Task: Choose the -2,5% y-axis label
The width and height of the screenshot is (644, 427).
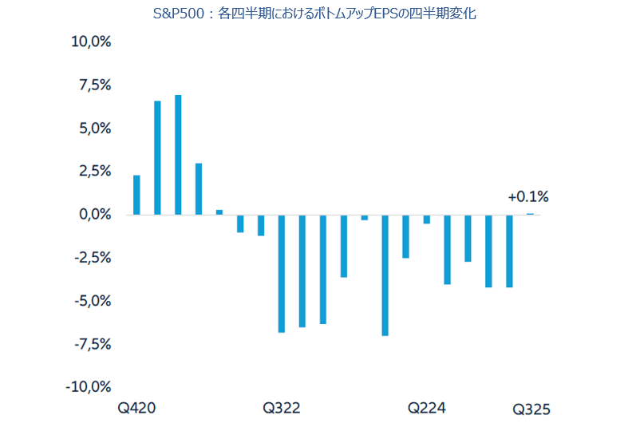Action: point(91,258)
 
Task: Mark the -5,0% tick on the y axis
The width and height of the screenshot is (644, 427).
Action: point(91,301)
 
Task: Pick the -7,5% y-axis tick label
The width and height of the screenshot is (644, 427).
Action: point(91,344)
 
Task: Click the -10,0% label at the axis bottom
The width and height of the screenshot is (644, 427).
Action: point(88,387)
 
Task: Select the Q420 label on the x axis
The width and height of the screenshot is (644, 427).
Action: point(136,409)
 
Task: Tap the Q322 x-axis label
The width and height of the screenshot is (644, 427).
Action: point(282,409)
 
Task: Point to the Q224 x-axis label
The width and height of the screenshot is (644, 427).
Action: point(427,409)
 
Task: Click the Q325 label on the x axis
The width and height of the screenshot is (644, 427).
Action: point(531,409)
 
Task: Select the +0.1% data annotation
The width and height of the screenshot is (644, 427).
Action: point(528,197)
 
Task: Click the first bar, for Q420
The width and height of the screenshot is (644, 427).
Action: point(136,195)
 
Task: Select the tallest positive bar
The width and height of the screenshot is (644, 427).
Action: point(178,155)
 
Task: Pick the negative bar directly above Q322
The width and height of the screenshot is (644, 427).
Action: point(282,273)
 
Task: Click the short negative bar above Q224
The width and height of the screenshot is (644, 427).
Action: point(427,219)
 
